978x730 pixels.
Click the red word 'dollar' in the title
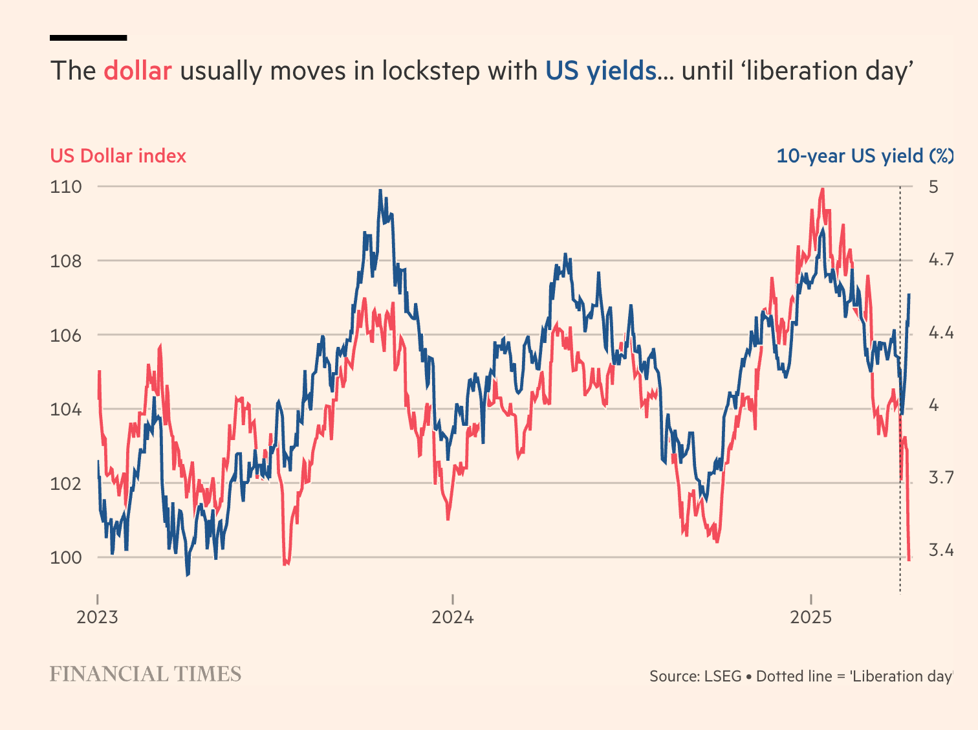(138, 71)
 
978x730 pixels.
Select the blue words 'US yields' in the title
(600, 71)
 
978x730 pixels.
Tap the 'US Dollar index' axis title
(118, 156)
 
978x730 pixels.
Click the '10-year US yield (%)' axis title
(864, 156)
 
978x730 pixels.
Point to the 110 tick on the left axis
(66, 187)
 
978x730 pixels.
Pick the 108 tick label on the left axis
(66, 261)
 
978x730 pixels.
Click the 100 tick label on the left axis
(66, 558)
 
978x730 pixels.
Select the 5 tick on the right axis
(933, 187)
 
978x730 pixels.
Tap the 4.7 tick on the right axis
(941, 260)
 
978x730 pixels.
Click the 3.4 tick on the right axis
(941, 551)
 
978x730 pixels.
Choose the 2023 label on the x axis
(97, 617)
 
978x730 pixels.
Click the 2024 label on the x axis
(453, 617)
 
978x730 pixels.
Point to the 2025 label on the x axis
(811, 617)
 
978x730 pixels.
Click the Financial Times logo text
(146, 674)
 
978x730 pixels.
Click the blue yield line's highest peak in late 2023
(380, 190)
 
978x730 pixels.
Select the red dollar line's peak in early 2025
(822, 189)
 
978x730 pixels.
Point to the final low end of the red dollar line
(909, 559)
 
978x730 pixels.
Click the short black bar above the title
(88, 38)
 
